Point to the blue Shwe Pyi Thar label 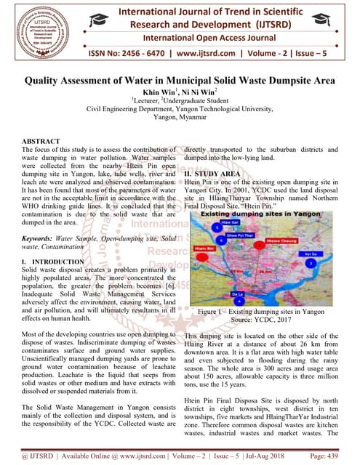click(x=241, y=235)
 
